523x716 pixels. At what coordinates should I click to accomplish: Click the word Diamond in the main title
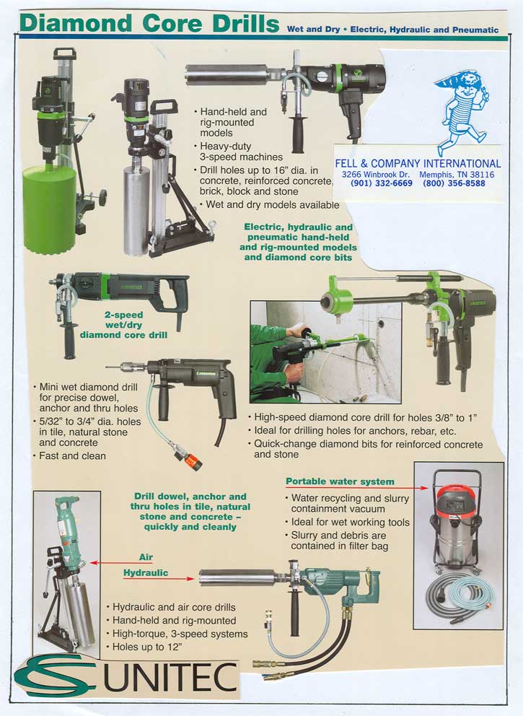pos(76,23)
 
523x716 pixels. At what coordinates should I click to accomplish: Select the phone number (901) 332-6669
pos(382,183)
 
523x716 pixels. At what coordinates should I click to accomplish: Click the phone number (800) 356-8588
pos(454,183)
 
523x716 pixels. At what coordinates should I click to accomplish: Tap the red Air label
pos(146,557)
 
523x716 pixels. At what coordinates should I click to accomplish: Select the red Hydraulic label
pos(146,572)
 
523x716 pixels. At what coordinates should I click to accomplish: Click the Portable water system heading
pos(340,481)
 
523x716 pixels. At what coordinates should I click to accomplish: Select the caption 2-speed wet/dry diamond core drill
pos(123,325)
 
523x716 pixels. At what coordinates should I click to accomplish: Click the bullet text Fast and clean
pos(72,455)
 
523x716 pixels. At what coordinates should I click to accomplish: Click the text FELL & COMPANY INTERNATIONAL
pos(418,163)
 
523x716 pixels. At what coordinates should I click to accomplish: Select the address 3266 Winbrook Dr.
pos(376,175)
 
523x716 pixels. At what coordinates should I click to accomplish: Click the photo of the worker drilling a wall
pos(325,352)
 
